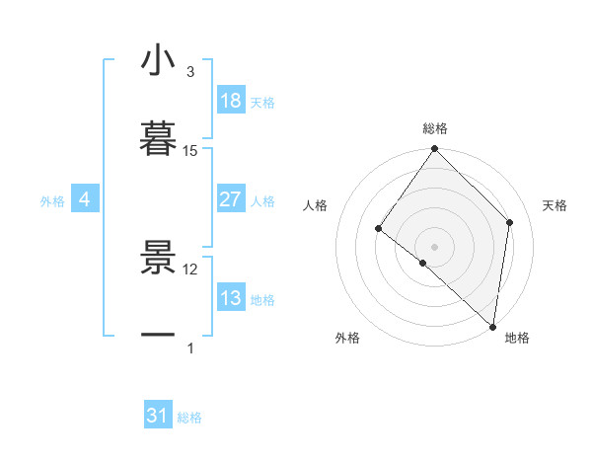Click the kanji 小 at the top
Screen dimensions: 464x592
pyautogui.click(x=158, y=61)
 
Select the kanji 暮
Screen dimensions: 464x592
pyautogui.click(x=158, y=139)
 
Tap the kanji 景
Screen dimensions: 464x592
pyautogui.click(x=158, y=259)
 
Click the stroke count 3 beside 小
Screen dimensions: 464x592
pyautogui.click(x=190, y=72)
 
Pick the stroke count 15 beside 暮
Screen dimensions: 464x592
pyautogui.click(x=190, y=150)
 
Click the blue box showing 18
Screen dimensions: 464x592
pyautogui.click(x=231, y=101)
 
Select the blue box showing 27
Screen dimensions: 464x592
pyautogui.click(x=231, y=199)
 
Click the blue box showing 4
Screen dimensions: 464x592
pyautogui.click(x=85, y=200)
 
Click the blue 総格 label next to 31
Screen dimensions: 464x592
pyautogui.click(x=189, y=418)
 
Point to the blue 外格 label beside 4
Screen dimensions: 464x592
pyautogui.click(x=52, y=201)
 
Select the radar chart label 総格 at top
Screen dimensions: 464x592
pyautogui.click(x=435, y=128)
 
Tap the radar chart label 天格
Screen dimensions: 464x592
pyautogui.click(x=555, y=205)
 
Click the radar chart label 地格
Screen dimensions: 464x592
pyautogui.click(x=517, y=339)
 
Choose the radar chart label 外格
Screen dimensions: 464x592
pyautogui.click(x=347, y=339)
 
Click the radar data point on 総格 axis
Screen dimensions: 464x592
pyautogui.click(x=435, y=149)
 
